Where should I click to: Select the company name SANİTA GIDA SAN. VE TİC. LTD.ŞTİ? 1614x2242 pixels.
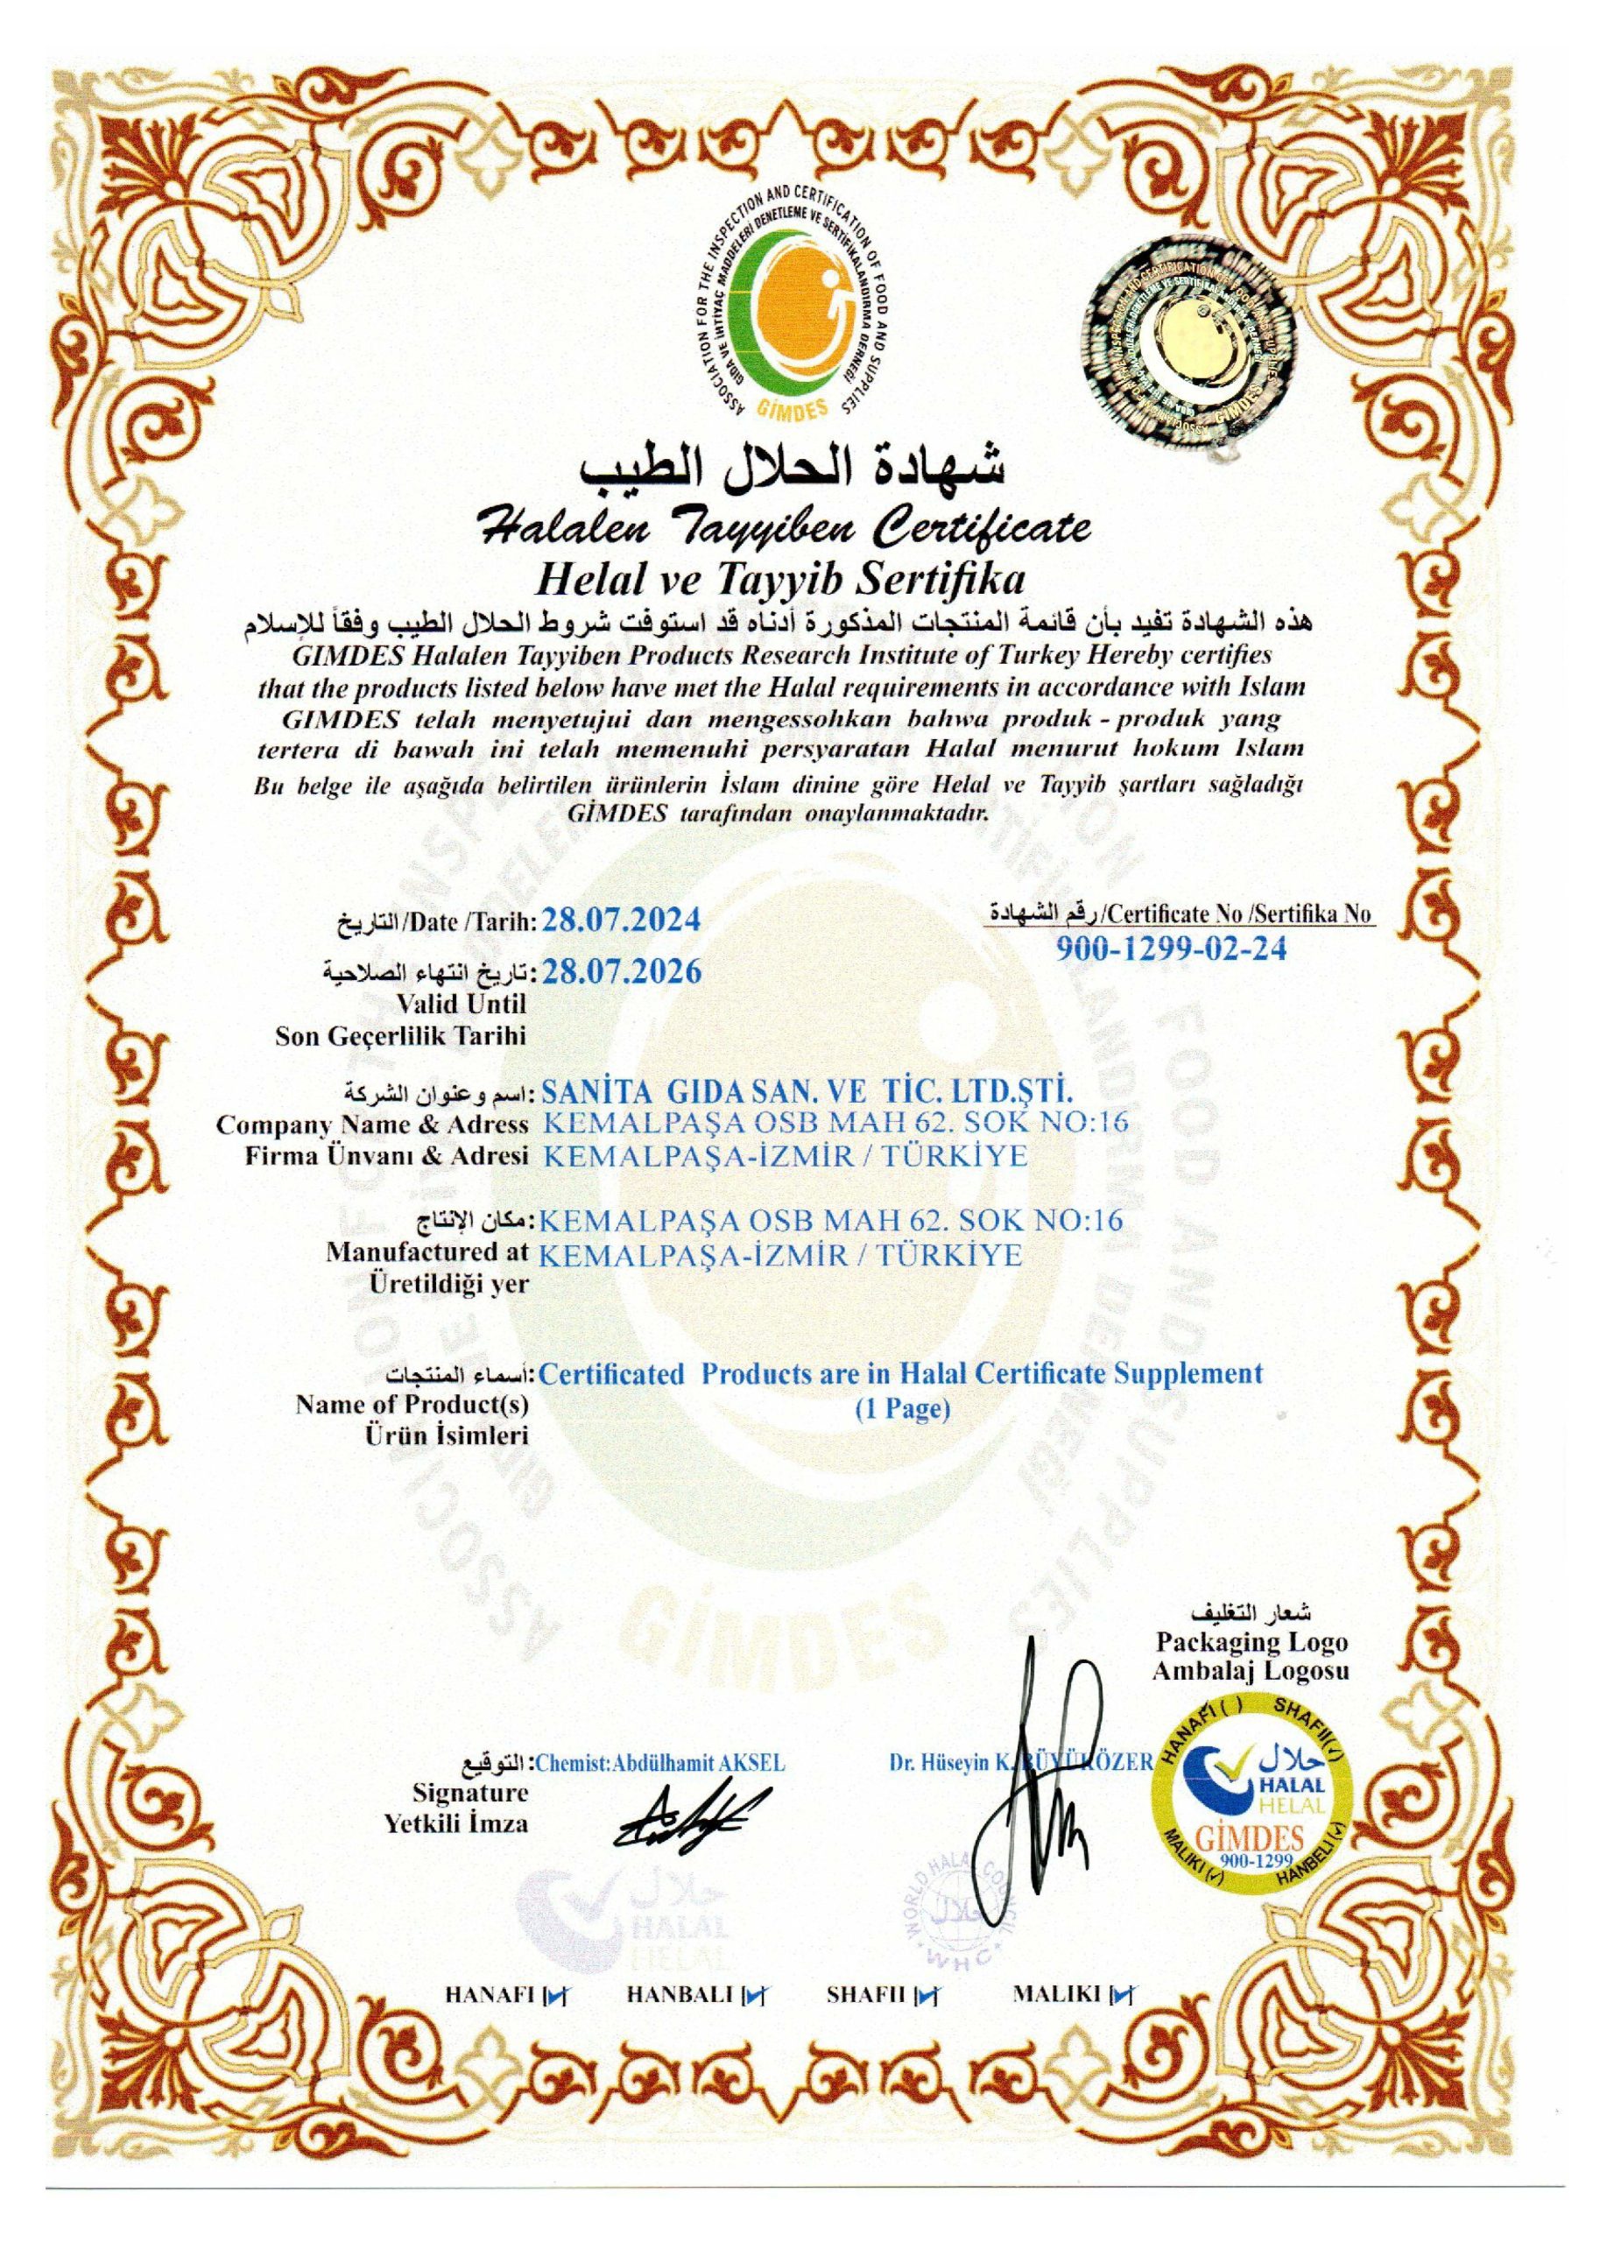click(807, 1092)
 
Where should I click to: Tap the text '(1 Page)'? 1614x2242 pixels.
click(902, 1410)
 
